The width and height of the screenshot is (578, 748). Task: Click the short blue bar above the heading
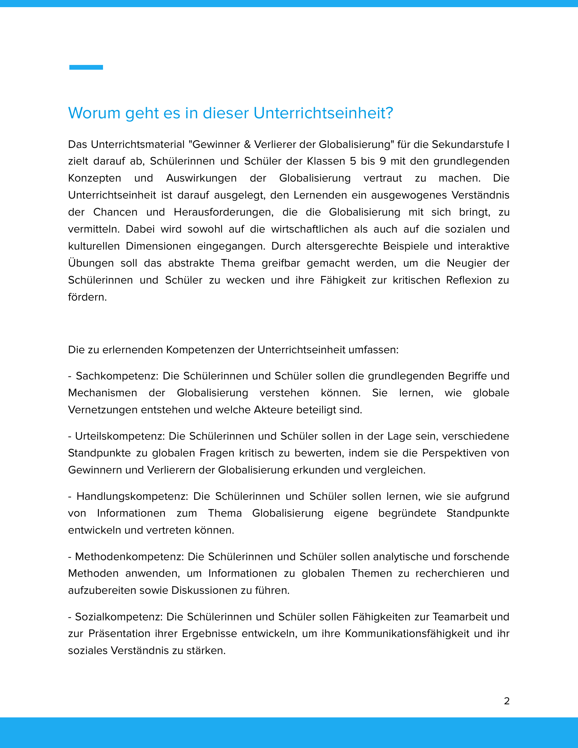[86, 67]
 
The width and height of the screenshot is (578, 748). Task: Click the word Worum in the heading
[94, 113]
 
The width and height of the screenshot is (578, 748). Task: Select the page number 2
[507, 701]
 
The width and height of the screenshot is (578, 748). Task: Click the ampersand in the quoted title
[247, 144]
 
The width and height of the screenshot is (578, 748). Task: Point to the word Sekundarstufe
[468, 144]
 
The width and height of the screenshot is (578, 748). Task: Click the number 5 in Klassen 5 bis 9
[353, 161]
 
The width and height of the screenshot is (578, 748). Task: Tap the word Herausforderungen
[224, 213]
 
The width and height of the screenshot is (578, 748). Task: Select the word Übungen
[91, 263]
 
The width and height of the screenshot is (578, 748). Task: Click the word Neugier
[466, 263]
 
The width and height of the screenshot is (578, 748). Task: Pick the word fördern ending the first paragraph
[87, 297]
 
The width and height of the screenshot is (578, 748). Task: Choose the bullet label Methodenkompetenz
[130, 557]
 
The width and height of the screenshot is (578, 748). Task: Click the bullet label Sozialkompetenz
[118, 617]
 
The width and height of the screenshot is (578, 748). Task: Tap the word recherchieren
[450, 574]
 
